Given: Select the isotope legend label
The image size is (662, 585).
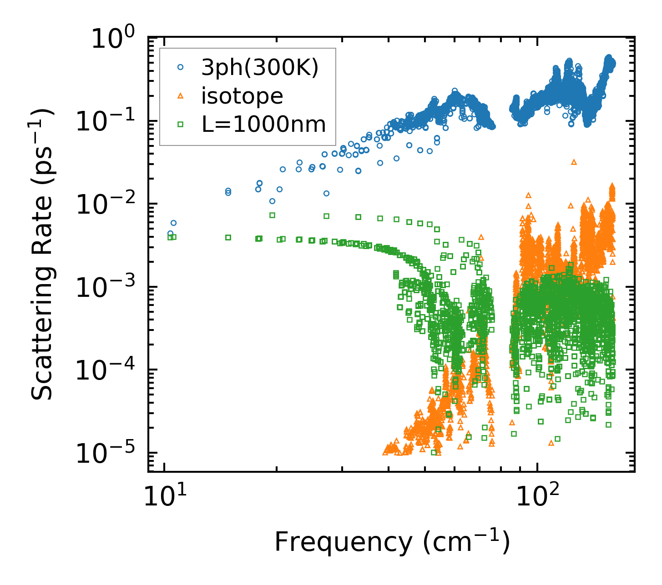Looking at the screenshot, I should coord(243,96).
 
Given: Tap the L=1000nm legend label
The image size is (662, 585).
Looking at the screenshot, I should coord(264,124).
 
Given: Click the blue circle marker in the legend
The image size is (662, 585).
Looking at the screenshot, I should coord(181,67).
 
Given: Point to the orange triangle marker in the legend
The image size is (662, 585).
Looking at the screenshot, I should coord(181,95).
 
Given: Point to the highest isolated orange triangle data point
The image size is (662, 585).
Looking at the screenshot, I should coord(574,162).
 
